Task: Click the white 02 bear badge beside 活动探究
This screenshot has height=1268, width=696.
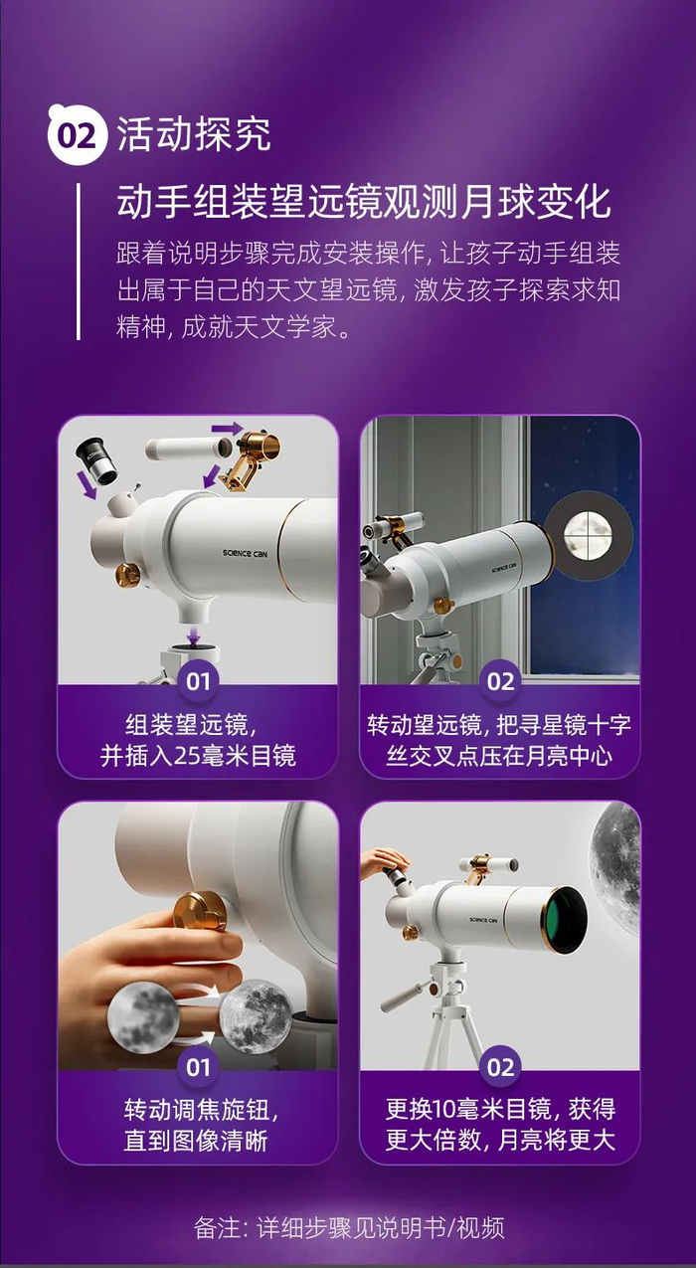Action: coord(78,135)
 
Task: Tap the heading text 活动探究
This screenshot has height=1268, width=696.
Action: coord(194,134)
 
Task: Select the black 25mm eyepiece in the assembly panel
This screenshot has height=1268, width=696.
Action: coord(95,460)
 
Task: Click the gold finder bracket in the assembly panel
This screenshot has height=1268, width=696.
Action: coord(250,459)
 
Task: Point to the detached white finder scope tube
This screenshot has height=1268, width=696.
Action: coord(189,448)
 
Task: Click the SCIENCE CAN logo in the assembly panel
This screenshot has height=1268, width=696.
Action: coord(245,553)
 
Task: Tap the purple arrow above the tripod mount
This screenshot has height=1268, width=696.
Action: coord(195,634)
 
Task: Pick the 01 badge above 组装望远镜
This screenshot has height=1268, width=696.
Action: coord(198,681)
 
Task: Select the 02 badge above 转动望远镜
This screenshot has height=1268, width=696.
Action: coord(500,681)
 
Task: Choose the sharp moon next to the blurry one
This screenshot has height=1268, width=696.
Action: coord(256,1017)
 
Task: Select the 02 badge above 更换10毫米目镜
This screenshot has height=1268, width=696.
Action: coord(500,1068)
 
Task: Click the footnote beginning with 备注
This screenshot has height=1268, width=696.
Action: coord(349,1228)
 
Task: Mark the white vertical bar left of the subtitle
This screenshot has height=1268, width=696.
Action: coord(79,262)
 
